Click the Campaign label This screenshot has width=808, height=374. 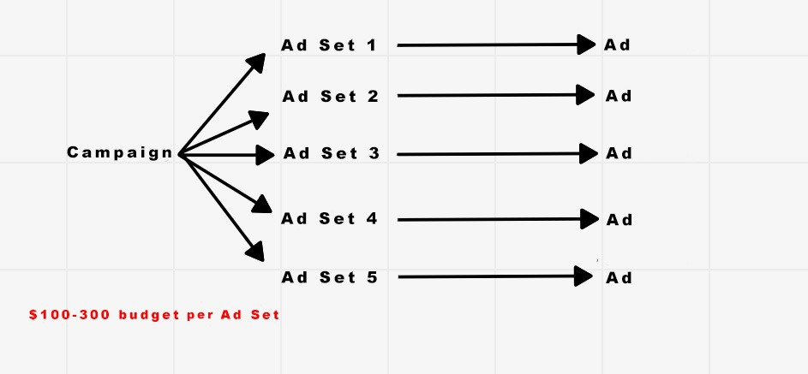120,153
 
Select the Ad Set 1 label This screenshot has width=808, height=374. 329,45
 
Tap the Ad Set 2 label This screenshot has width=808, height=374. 330,96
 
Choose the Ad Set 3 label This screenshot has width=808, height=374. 332,153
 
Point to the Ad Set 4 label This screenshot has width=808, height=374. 329,218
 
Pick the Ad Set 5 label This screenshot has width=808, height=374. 330,278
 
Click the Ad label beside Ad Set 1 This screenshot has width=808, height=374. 617,45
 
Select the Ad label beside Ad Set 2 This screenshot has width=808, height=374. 619,96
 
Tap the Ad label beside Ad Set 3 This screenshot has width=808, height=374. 619,153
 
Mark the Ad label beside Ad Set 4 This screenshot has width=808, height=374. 619,220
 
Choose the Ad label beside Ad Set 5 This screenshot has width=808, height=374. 619,278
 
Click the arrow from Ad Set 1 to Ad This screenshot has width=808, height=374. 496,45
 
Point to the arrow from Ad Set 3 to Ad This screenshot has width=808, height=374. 497,154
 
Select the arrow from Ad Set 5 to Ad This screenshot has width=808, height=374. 496,276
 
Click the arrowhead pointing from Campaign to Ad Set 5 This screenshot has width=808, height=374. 255,251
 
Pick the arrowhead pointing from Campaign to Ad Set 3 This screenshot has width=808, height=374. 266,155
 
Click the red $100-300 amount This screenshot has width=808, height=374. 69,315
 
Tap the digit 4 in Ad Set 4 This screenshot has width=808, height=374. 372,218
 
